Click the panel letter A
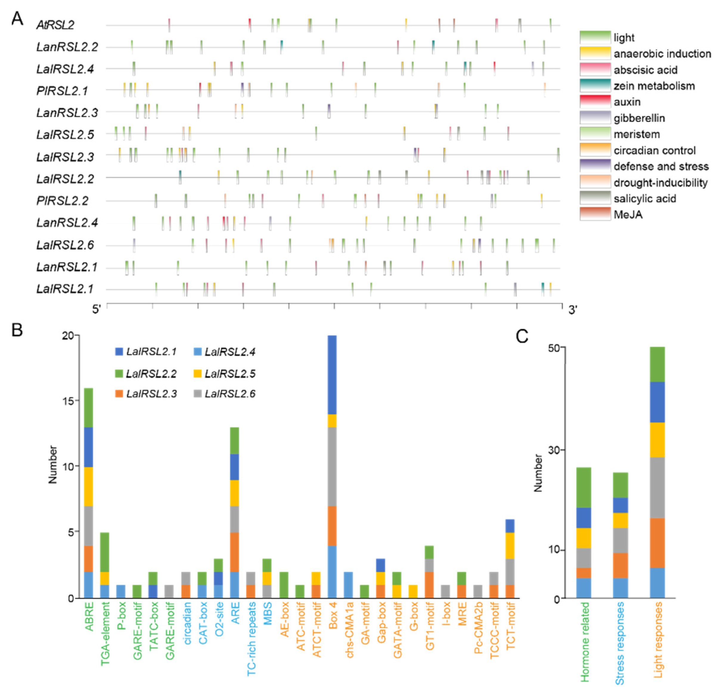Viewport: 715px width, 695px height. pyautogui.click(x=17, y=18)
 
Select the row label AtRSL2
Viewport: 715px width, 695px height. pyautogui.click(x=55, y=25)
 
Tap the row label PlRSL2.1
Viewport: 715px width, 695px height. pyautogui.click(x=62, y=91)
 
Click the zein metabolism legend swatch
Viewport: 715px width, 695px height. pyautogui.click(x=595, y=85)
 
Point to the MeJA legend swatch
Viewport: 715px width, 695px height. pyautogui.click(x=595, y=214)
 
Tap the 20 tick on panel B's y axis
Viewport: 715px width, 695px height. pyautogui.click(x=68, y=335)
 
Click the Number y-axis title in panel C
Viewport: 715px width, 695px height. pyautogui.click(x=538, y=473)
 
